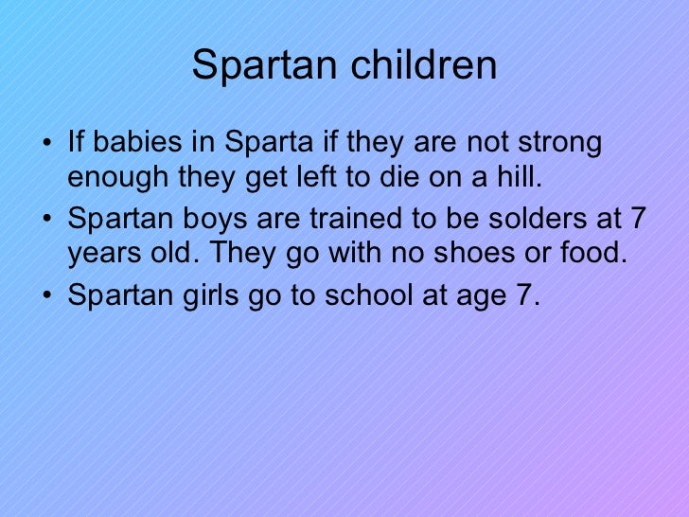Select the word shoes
493,253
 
